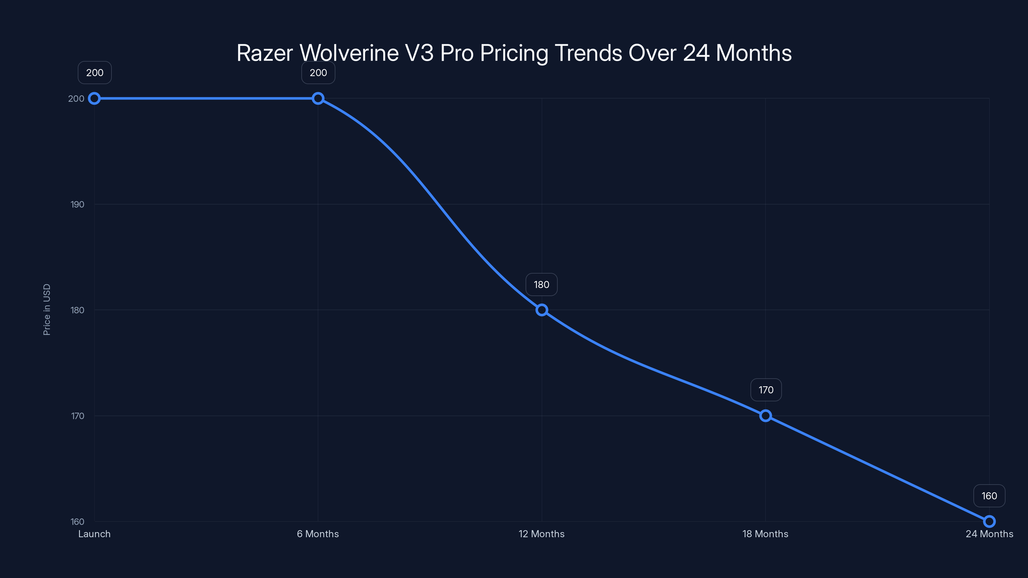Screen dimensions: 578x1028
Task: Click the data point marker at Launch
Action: click(94, 99)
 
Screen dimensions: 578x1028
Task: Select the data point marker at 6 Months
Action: click(318, 99)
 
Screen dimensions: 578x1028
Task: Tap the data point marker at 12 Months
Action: click(542, 310)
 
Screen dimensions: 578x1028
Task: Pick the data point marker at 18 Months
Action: click(766, 416)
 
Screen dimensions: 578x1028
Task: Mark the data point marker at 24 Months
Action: click(989, 521)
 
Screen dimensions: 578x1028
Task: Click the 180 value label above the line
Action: click(542, 285)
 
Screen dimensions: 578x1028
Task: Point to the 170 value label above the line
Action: click(766, 390)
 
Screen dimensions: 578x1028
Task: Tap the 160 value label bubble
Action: click(989, 496)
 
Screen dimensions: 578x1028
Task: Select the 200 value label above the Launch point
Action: click(94, 73)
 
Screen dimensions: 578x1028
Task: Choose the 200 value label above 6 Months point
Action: click(318, 73)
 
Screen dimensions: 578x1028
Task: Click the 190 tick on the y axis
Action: click(77, 205)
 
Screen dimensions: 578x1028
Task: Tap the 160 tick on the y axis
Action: click(77, 522)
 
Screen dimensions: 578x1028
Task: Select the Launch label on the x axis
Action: click(94, 534)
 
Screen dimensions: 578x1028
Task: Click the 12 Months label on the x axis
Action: click(542, 534)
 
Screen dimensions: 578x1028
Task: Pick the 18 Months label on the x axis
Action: click(766, 534)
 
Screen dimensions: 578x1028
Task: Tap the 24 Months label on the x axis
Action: click(989, 534)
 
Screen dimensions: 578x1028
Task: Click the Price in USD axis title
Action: click(47, 310)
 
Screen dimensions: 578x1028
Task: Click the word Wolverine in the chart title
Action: click(349, 53)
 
